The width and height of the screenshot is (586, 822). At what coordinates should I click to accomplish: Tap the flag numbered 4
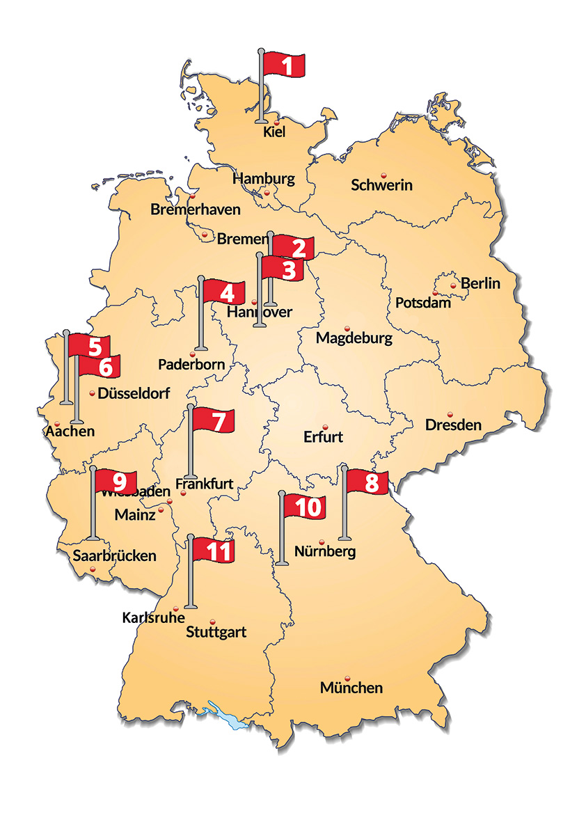(x=224, y=293)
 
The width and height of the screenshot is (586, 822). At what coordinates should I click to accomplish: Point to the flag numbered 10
(x=303, y=507)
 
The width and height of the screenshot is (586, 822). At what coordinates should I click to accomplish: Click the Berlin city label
(x=480, y=284)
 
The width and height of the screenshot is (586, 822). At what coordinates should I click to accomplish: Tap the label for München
(x=351, y=688)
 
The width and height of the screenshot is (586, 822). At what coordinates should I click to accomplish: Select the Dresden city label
(x=453, y=424)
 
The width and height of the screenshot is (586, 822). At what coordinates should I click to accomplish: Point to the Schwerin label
(x=381, y=185)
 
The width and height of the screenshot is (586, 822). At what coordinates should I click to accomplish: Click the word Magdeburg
(x=354, y=338)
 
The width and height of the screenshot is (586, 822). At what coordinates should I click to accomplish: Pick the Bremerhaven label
(x=196, y=210)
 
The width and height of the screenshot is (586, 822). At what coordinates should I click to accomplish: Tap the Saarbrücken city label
(x=115, y=556)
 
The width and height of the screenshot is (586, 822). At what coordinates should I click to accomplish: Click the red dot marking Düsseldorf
(x=93, y=394)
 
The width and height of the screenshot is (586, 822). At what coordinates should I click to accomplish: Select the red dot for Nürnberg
(x=322, y=542)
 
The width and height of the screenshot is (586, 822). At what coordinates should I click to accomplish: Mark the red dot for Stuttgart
(x=213, y=622)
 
